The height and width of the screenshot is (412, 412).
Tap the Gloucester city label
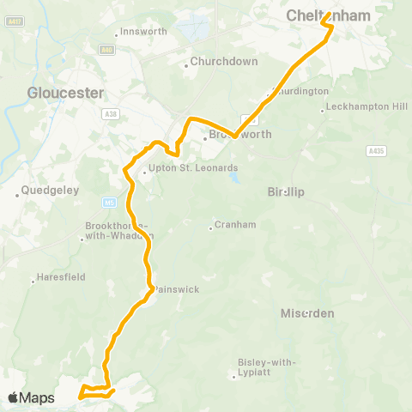(x=65, y=93)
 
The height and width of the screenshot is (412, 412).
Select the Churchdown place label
(x=218, y=62)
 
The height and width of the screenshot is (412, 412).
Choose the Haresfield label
(x=61, y=279)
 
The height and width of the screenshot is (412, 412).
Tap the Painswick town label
(x=177, y=289)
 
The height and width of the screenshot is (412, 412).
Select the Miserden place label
(x=306, y=313)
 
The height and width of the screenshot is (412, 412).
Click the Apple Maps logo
(x=31, y=397)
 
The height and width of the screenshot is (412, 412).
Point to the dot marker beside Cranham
(x=211, y=227)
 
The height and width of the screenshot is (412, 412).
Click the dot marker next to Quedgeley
(x=17, y=194)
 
